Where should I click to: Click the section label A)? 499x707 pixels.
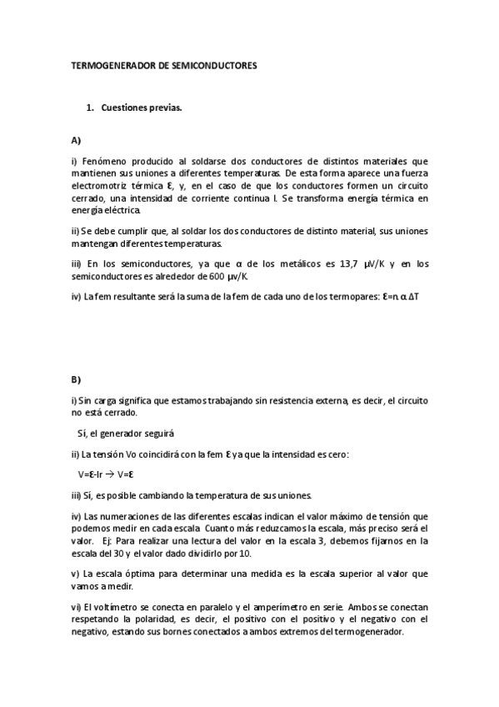(x=77, y=140)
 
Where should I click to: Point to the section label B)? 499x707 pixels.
(x=77, y=379)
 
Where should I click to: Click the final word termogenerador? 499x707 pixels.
(x=367, y=632)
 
